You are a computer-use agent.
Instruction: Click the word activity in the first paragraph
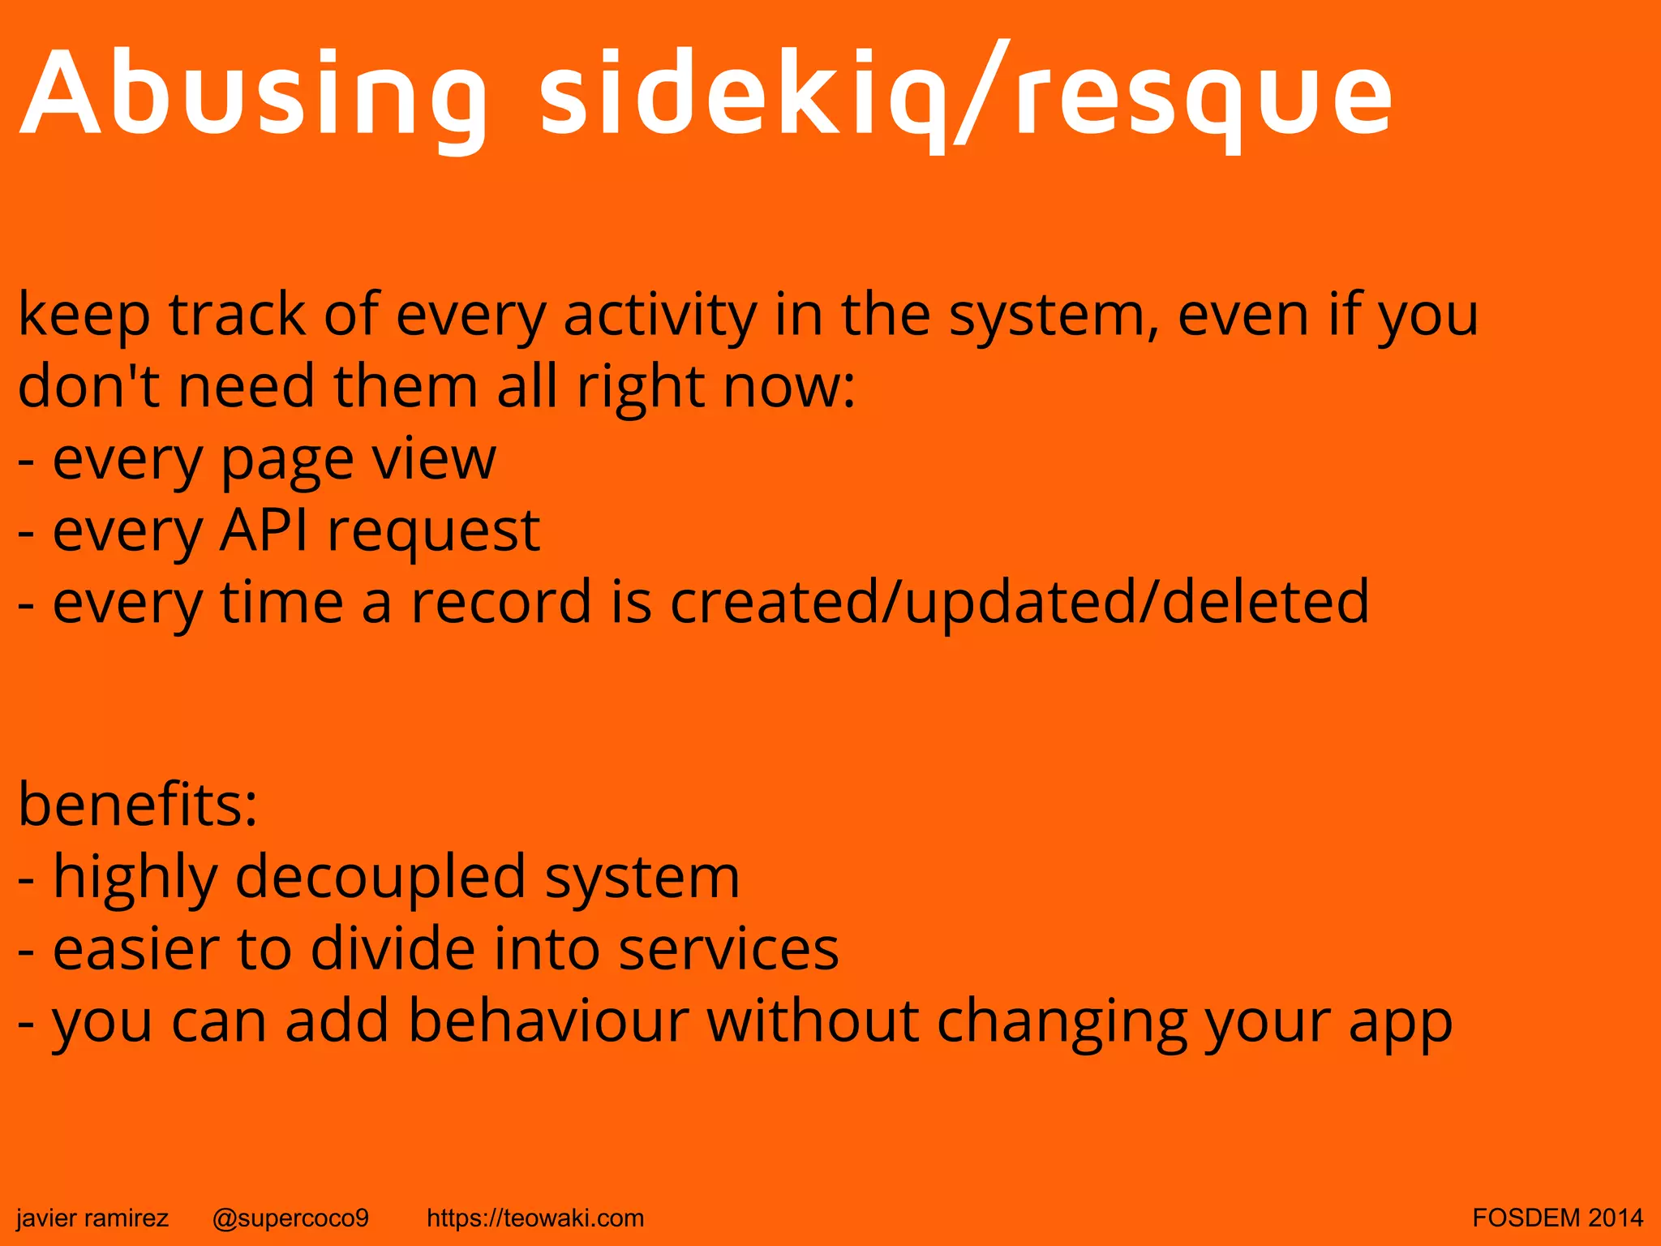point(659,315)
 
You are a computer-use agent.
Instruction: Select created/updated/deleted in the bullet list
point(1019,603)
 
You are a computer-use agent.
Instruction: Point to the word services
point(728,949)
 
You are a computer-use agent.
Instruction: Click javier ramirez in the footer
point(92,1218)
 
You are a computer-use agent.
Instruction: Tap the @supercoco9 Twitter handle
point(290,1218)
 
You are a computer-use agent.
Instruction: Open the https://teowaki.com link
point(535,1218)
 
